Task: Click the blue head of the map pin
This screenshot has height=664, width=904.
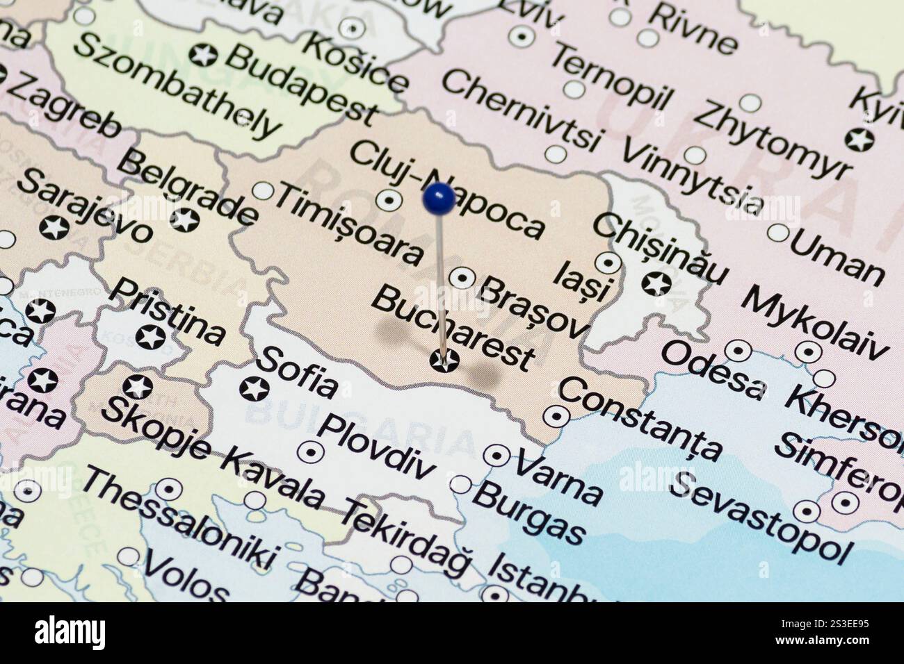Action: [x=439, y=198]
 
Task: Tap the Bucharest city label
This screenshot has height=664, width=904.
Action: [x=453, y=329]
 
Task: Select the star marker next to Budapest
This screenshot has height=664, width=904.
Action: [x=204, y=53]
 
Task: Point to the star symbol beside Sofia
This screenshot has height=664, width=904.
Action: [x=254, y=389]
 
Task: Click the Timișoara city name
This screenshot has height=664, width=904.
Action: [x=349, y=224]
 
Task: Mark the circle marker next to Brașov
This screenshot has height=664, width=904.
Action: [x=462, y=279]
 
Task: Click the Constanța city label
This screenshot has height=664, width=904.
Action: [x=640, y=419]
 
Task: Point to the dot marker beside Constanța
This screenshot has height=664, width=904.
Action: [x=556, y=417]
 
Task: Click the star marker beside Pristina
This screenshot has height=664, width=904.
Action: [x=150, y=338]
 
